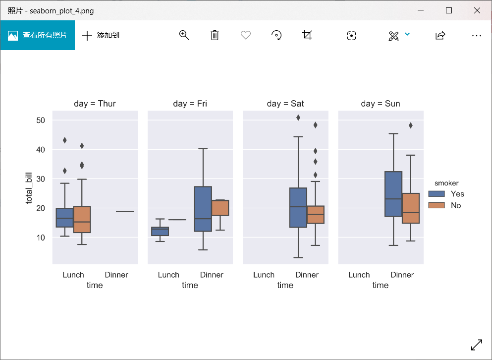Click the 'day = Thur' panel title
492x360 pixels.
coord(95,104)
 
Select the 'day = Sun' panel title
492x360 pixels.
coord(381,104)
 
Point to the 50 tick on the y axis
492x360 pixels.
coord(41,120)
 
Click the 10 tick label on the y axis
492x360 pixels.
coord(41,238)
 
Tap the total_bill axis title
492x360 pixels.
coord(29,186)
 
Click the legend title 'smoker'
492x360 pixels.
coord(446,183)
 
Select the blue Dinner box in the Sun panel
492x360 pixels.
coord(393,194)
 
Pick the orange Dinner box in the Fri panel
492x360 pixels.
coord(220,208)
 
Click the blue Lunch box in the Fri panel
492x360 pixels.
coord(160,231)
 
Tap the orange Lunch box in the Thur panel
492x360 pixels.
coord(82,219)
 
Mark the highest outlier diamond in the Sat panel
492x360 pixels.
coord(298,118)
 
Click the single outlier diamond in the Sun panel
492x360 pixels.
coord(411,125)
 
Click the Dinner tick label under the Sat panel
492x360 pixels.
coord(307,275)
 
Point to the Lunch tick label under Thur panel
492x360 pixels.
coord(73,275)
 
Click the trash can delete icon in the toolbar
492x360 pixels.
coord(215,35)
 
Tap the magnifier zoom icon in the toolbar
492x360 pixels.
coord(184,35)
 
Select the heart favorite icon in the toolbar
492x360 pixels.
coord(245,35)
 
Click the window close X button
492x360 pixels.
coord(477,10)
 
